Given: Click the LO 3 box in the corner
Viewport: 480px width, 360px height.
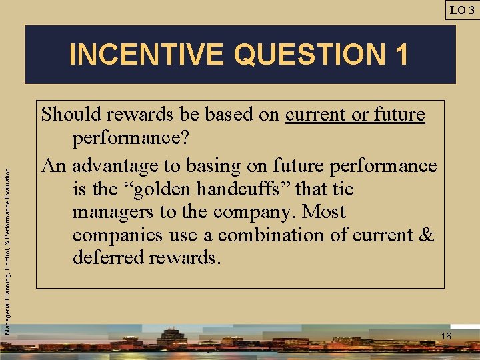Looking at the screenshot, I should tap(462, 9).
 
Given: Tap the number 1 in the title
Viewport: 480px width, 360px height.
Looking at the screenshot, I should tap(401, 55).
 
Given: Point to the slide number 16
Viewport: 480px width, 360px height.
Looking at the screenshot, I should tap(446, 336).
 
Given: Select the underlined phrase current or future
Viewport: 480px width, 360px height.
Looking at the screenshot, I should tap(355, 115).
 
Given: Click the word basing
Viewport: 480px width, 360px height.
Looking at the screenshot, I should tap(228, 165).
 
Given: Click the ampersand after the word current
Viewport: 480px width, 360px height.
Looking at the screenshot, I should tap(425, 235).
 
